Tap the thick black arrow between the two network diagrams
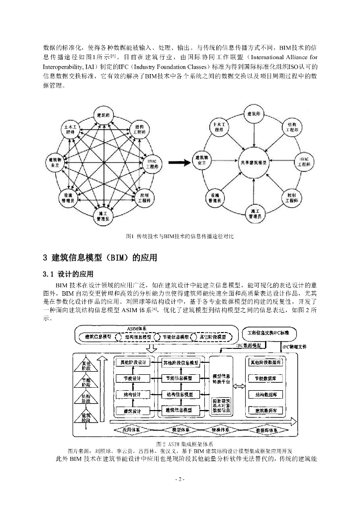[x=180, y=162]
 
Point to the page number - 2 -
[x=180, y=479]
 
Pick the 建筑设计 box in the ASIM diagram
[x=133, y=411]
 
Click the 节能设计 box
[x=133, y=379]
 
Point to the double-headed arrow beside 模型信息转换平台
[x=240, y=386]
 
